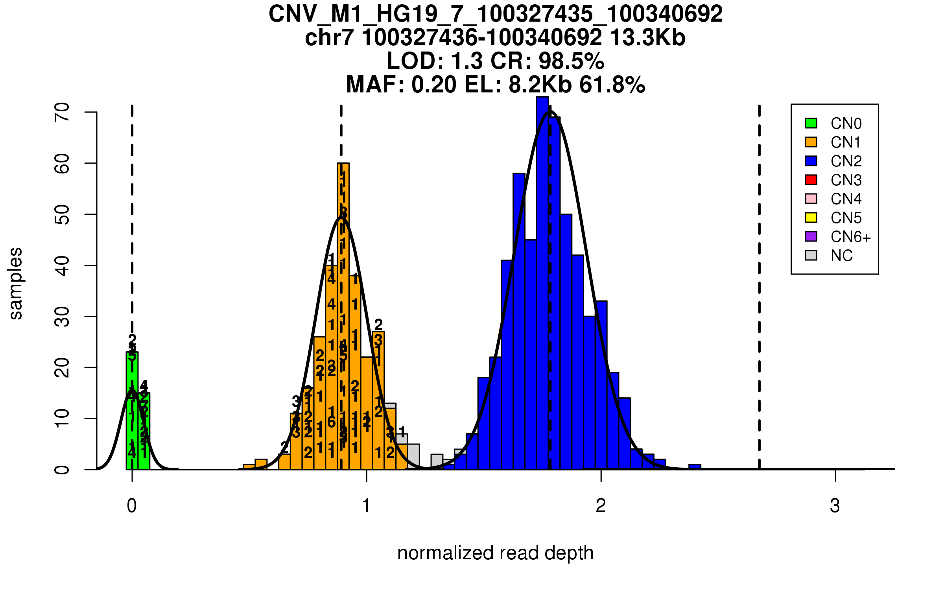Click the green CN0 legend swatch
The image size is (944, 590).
click(x=811, y=123)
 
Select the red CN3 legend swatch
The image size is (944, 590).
click(x=811, y=180)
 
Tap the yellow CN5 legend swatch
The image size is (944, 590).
click(x=811, y=218)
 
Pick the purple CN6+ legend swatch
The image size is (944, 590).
click(x=811, y=236)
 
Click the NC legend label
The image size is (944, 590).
click(x=841, y=256)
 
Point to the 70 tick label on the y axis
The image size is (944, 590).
click(x=62, y=112)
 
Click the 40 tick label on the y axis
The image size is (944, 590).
click(x=62, y=265)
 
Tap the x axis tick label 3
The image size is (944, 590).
click(x=835, y=506)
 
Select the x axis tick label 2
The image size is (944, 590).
click(x=601, y=506)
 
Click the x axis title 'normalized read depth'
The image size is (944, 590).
click(x=495, y=553)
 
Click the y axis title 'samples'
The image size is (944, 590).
click(x=16, y=283)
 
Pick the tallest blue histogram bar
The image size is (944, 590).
click(x=542, y=283)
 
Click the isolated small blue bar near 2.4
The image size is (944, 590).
click(x=695, y=467)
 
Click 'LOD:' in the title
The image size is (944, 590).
click(x=415, y=61)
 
